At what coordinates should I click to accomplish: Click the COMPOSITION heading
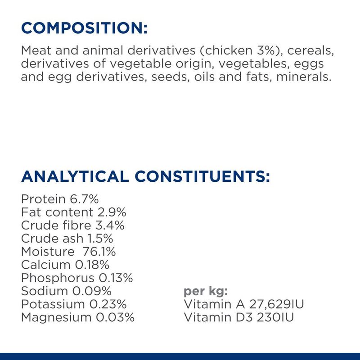click(84, 28)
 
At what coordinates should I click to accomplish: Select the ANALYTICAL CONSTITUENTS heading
click(145, 176)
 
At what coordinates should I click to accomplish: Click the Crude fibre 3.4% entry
click(72, 225)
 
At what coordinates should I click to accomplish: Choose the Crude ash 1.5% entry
click(66, 238)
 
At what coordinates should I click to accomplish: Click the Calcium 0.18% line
click(65, 265)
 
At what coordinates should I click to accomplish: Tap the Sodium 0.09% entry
click(66, 291)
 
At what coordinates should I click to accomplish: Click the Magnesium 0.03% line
click(78, 318)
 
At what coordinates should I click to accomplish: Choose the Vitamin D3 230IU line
click(239, 318)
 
